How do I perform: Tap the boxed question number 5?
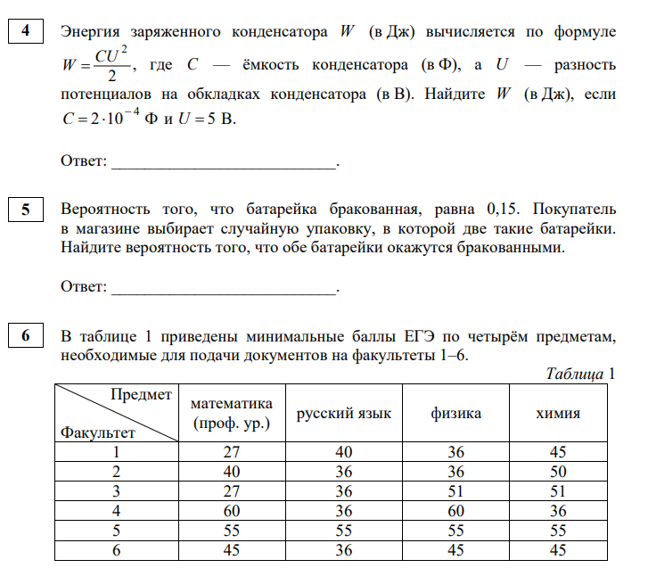pos(26,210)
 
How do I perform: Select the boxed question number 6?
pos(26,336)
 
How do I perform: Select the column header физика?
pos(455,413)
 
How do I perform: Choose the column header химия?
pos(558,413)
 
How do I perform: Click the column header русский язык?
pos(343,413)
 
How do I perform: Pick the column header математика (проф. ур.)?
pos(231,413)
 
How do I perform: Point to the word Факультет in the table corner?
pos(98,432)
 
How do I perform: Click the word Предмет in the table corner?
pos(141,395)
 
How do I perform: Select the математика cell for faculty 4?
pos(231,510)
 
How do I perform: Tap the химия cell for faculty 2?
pos(558,471)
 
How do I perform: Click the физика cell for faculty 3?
pos(455,490)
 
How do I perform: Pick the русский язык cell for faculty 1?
pos(343,452)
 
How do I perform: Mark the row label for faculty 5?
pos(115,530)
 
